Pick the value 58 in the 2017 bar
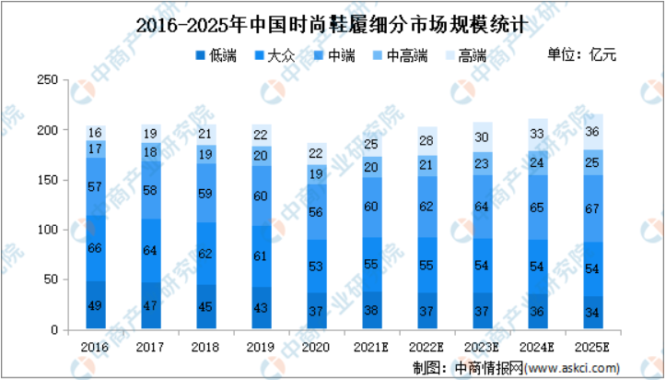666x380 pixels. (150, 189)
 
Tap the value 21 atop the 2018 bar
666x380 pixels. (204, 135)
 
